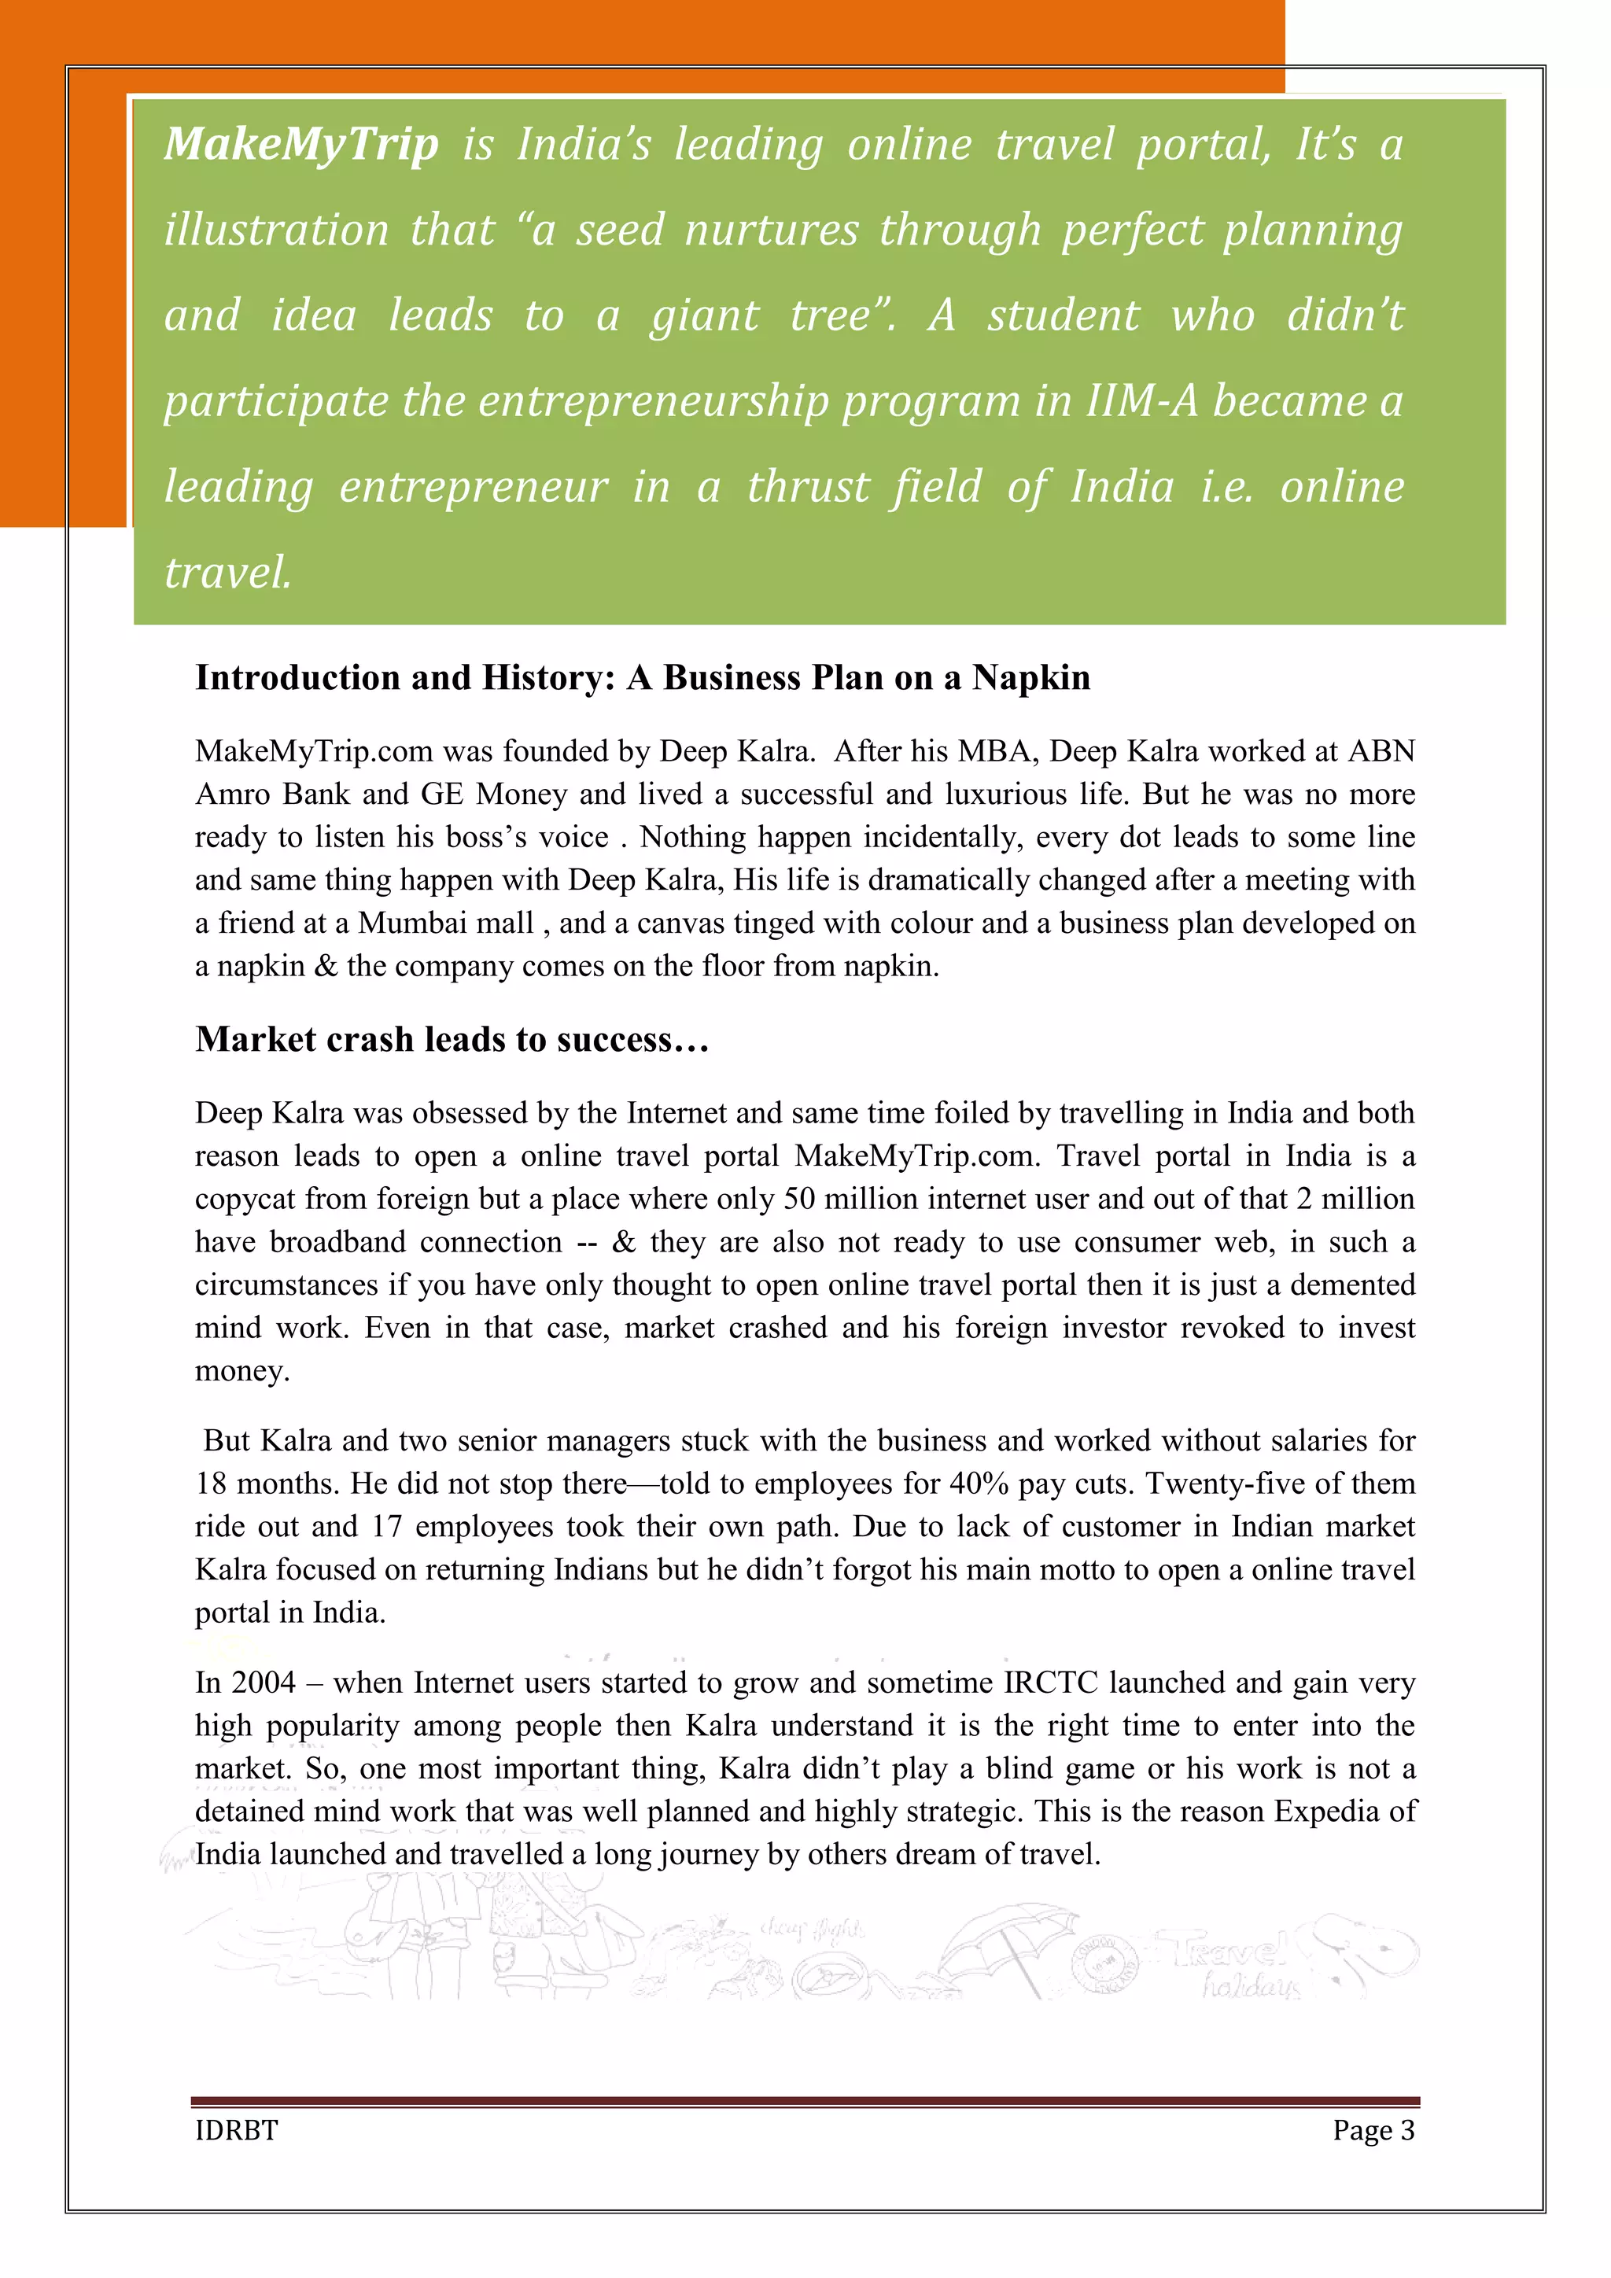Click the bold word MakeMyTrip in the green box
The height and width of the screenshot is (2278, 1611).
pos(301,145)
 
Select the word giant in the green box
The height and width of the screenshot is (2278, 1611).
pos(704,315)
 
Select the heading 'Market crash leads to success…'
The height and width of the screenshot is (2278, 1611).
pos(452,1039)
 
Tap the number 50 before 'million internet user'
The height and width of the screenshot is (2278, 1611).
pos(799,1199)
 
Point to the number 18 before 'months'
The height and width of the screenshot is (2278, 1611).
pos(212,1484)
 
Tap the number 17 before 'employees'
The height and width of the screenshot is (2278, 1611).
pos(387,1526)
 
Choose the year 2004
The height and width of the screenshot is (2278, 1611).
pos(263,1683)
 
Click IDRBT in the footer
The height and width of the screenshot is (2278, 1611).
pos(236,2130)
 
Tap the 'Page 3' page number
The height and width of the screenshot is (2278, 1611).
pos(1373,2130)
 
